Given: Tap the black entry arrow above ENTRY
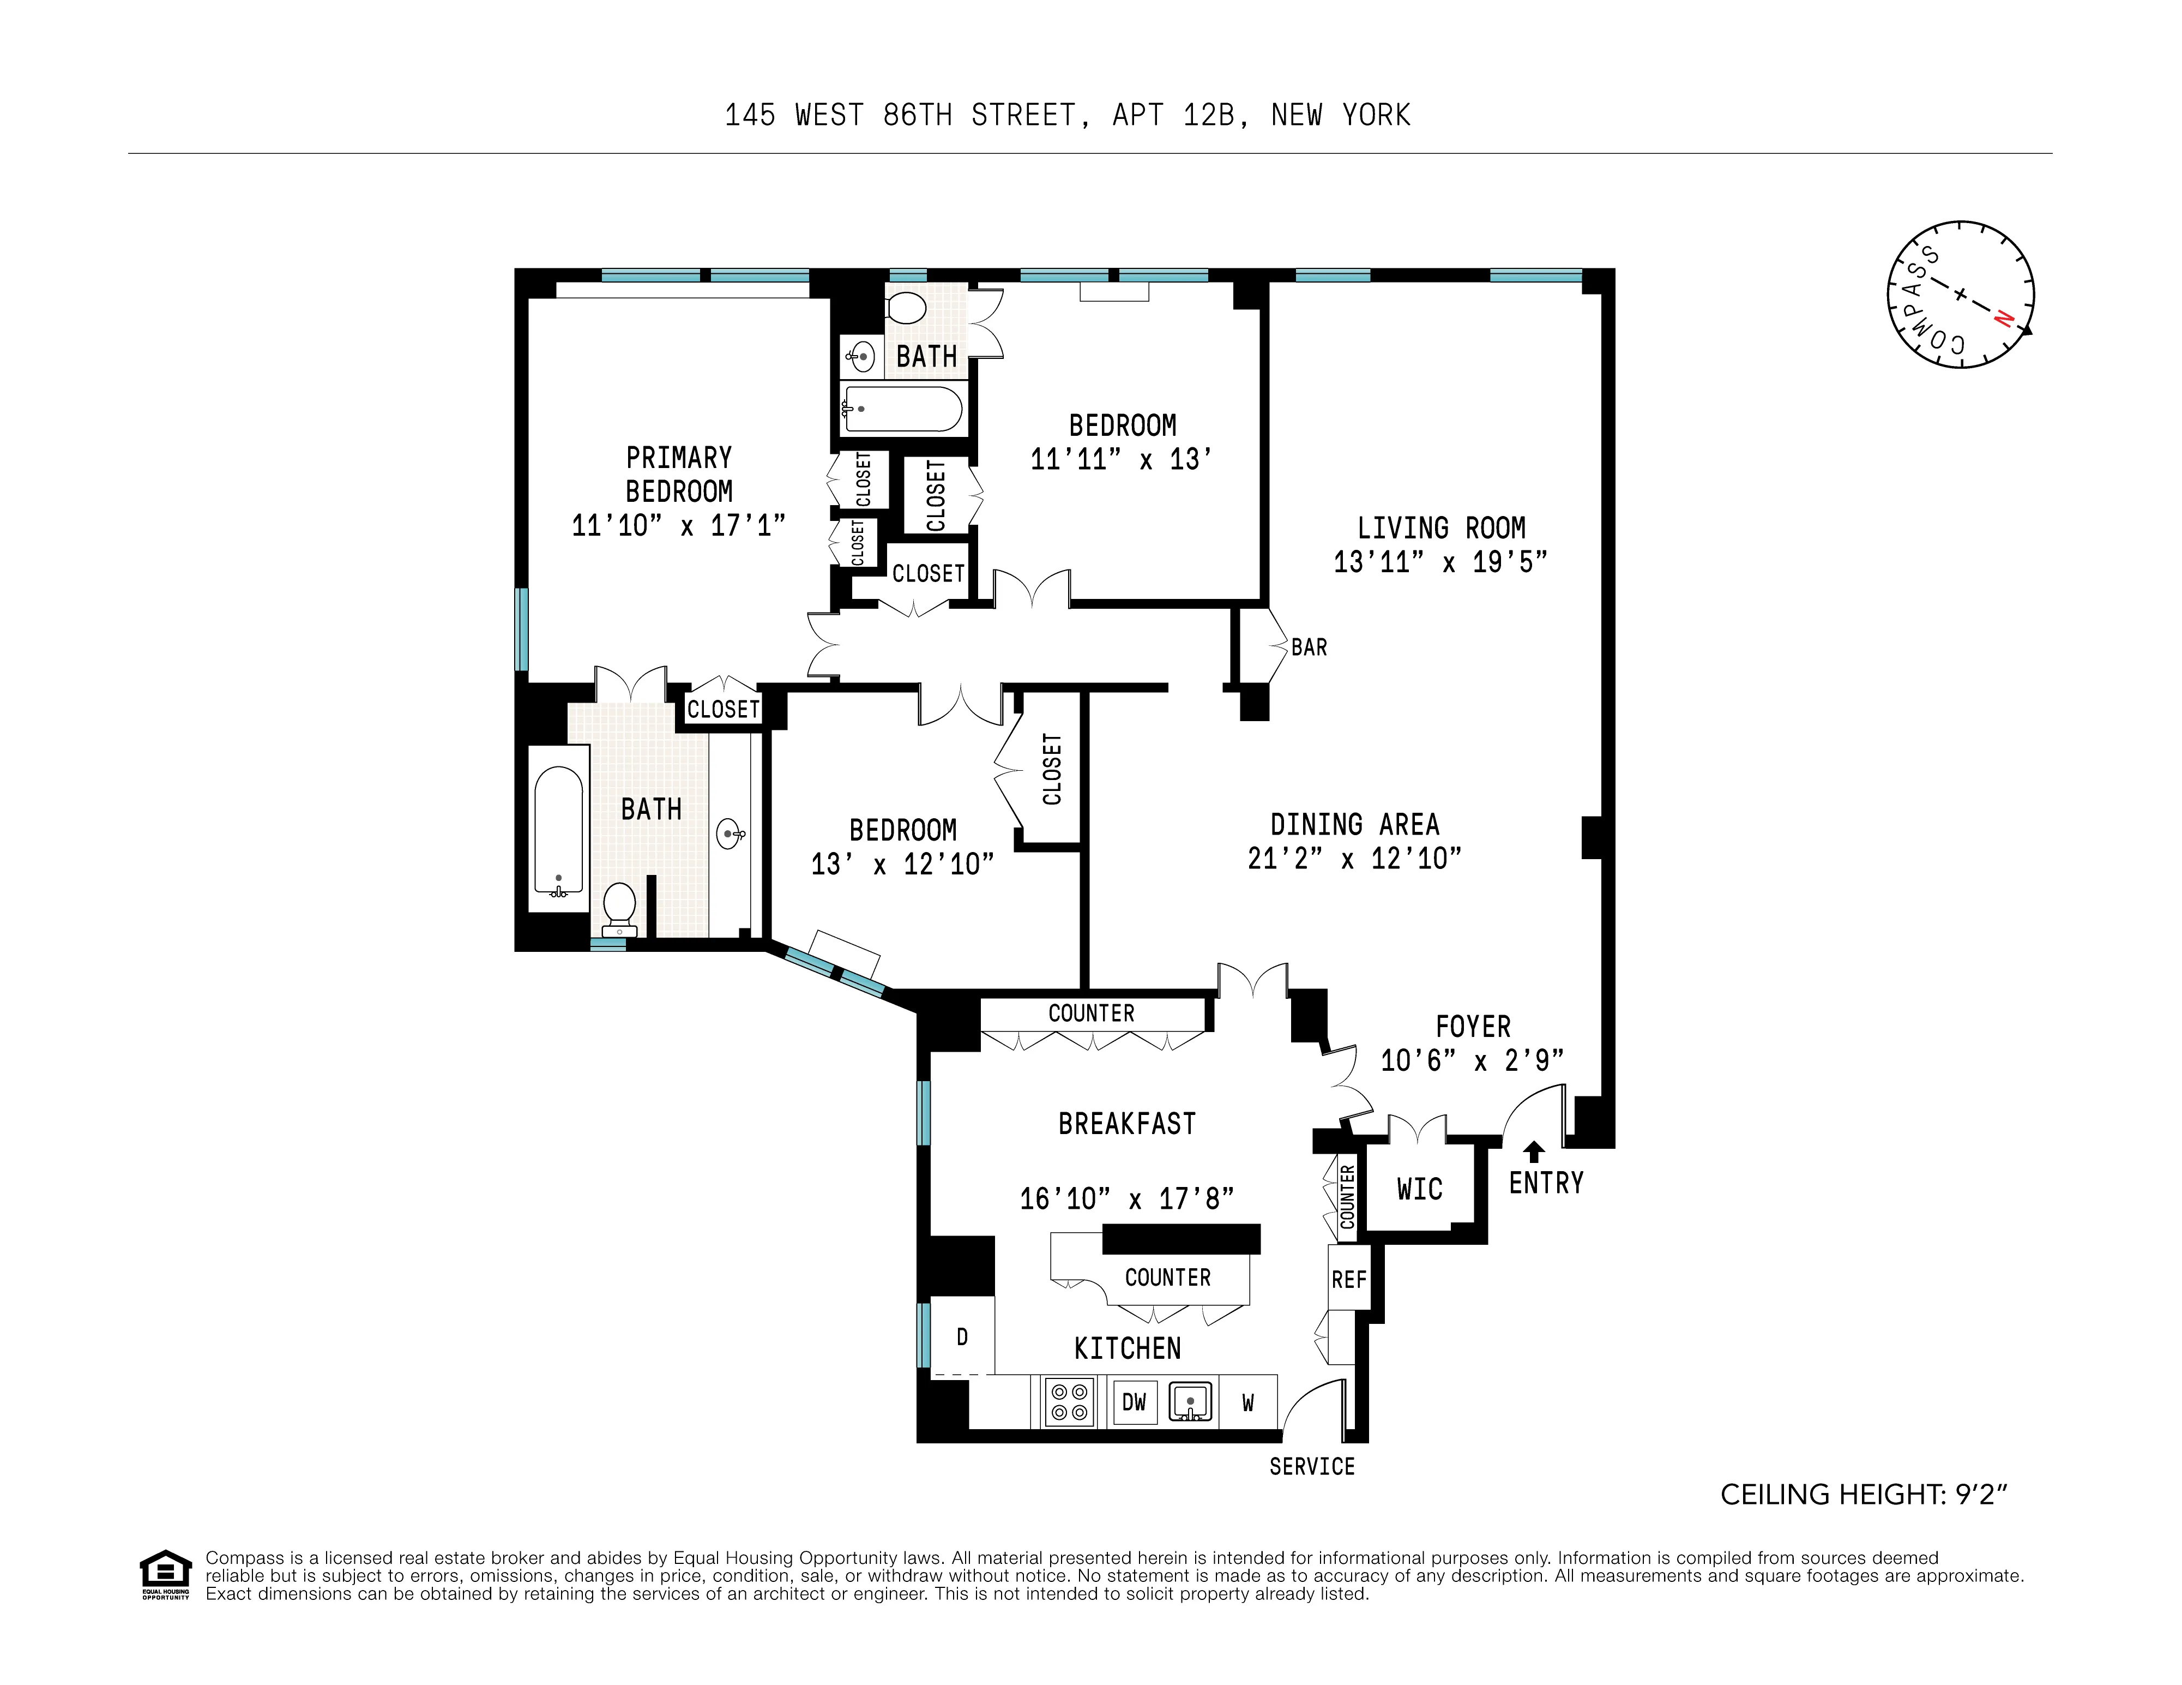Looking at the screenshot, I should click(x=1534, y=1152).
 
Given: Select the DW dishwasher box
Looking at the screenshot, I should click(x=1134, y=1402).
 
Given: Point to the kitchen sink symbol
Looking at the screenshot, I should click(x=1190, y=1402).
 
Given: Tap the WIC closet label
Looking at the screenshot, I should click(x=1419, y=1189).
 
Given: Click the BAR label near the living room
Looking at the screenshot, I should click(x=1309, y=647).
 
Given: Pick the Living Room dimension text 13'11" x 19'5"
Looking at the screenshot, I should click(x=1440, y=562).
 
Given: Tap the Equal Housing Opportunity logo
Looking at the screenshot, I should click(x=165, y=1576).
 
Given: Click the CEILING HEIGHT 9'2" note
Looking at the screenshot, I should click(x=1863, y=1495).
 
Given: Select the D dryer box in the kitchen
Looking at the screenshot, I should click(x=962, y=1337).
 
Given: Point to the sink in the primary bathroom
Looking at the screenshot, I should click(x=730, y=832).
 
